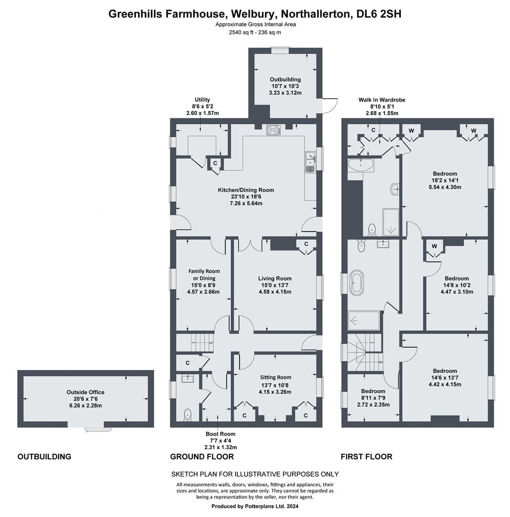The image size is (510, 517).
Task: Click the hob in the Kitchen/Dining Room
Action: coord(274,130)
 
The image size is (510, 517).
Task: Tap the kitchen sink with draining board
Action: coord(310,162)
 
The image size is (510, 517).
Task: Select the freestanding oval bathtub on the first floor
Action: coord(357,282)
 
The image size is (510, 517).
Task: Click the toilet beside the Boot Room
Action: coord(188,415)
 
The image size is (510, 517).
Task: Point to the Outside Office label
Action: coord(85,392)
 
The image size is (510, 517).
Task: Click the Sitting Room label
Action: coord(276,378)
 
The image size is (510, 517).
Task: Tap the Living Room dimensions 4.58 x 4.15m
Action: coord(275,292)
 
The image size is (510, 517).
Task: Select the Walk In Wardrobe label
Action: coord(382,100)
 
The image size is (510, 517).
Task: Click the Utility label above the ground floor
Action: coord(202,100)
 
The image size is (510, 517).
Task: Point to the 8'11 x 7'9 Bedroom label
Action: coord(373,391)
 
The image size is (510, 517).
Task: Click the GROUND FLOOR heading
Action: coord(202,457)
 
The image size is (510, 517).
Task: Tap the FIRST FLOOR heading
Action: coord(366,457)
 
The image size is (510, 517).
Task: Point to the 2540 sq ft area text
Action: coord(241,33)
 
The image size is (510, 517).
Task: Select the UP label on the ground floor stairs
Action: coord(211,343)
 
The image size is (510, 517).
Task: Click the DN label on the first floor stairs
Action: coord(381,362)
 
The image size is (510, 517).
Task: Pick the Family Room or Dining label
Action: coord(204,275)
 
